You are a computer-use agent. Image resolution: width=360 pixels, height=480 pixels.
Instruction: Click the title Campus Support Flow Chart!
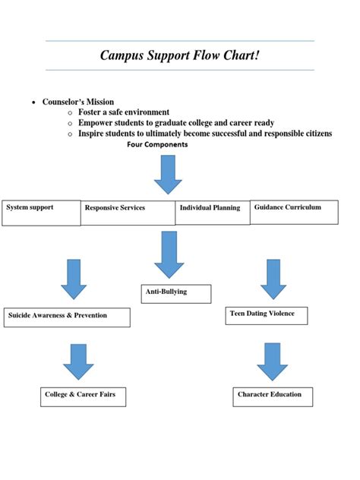180,55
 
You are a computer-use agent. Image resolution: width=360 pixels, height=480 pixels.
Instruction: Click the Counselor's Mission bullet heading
78,102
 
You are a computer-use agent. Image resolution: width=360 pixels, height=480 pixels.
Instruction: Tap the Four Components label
157,144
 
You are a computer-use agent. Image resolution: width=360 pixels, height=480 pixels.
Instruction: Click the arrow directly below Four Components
168,174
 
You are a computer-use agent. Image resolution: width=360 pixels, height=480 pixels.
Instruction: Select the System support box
41,213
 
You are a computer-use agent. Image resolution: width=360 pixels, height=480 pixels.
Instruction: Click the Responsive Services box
128,213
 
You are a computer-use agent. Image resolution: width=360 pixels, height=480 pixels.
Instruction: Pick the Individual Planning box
212,213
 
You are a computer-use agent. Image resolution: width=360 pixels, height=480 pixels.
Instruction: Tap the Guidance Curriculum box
293,212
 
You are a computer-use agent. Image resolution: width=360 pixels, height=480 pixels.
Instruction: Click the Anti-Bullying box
176,293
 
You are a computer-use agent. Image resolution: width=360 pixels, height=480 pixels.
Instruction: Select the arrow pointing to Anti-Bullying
169,254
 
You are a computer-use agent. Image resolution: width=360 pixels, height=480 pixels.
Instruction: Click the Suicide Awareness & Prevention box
67,317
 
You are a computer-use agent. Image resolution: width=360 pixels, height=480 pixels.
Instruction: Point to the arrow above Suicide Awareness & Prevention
74,279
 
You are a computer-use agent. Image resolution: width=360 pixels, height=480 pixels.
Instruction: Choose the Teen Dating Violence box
268,315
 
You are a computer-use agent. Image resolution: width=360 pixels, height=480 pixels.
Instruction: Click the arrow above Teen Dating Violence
273,279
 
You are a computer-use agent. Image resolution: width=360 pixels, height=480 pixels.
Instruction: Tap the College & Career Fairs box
83,396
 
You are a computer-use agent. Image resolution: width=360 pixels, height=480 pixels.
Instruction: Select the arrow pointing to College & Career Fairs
78,361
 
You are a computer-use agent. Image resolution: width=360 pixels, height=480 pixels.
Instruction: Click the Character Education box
273,396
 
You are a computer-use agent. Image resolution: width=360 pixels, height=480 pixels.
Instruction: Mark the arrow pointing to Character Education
273,361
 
